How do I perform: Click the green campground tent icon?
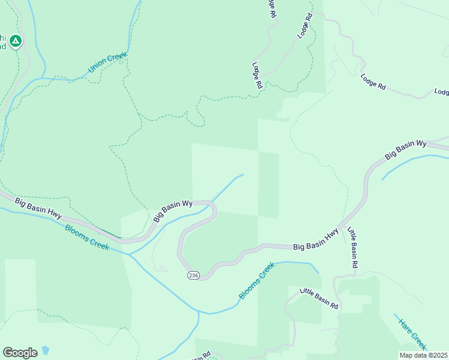click(x=16, y=41)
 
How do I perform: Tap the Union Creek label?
click(x=107, y=63)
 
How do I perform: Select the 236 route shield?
click(x=193, y=275)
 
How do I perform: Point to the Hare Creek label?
click(x=412, y=333)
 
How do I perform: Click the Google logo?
click(x=20, y=353)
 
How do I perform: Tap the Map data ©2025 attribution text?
click(x=423, y=355)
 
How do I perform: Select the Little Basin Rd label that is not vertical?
click(x=319, y=298)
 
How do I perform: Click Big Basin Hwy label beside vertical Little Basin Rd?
click(x=316, y=239)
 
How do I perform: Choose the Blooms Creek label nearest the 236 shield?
click(x=256, y=281)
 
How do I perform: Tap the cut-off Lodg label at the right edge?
click(x=441, y=92)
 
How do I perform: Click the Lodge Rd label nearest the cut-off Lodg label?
click(x=373, y=81)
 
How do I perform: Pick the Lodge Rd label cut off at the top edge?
click(x=272, y=7)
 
